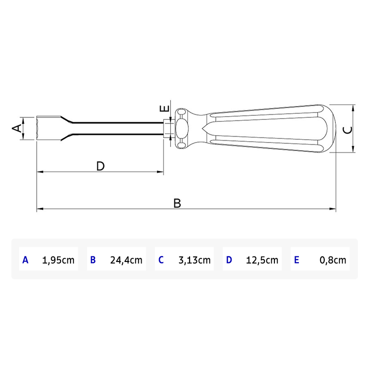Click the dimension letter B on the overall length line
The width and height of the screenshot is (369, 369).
177,203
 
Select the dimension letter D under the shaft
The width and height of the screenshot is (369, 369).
101,166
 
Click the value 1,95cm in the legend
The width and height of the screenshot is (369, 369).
58,260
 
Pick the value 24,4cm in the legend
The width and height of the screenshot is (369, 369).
126,260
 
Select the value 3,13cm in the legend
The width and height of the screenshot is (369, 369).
194,260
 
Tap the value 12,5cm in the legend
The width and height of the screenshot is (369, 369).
262,260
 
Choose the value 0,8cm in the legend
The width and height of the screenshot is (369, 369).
333,260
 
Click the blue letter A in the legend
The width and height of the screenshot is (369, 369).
25,260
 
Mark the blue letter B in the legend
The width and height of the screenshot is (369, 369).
93,260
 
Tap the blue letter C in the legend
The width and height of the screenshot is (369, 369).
161,260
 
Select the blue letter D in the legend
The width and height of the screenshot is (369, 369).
229,260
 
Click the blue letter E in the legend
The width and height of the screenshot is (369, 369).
296,260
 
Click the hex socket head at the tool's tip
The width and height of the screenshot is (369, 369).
46,128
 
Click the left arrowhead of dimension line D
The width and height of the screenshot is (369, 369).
40,172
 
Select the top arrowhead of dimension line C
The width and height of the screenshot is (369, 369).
353,108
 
